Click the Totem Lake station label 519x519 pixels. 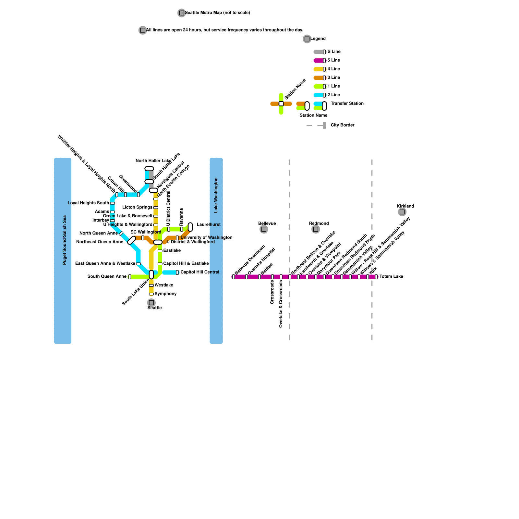tap(391, 277)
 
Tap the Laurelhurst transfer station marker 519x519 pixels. tap(190, 227)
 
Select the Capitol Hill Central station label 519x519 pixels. tap(199, 272)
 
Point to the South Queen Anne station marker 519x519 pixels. tap(130, 277)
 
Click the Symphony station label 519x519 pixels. tap(165, 294)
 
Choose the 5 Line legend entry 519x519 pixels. tap(333, 60)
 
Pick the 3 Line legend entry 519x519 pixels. tap(333, 78)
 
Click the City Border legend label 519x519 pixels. tap(342, 125)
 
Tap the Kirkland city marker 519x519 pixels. tap(402, 212)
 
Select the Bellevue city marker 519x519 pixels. tap(264, 229)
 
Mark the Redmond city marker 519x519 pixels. tap(316, 229)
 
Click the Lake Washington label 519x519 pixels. tap(216, 195)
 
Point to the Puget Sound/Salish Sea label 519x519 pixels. tap(65, 240)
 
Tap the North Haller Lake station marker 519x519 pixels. tap(149, 169)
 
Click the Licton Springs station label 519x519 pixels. tap(137, 207)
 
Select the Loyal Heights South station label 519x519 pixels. tap(88, 203)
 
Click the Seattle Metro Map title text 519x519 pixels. tap(217, 13)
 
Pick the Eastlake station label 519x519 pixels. tap(172, 251)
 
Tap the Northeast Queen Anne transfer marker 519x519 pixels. tap(132, 240)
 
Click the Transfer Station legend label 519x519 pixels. tap(347, 103)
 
